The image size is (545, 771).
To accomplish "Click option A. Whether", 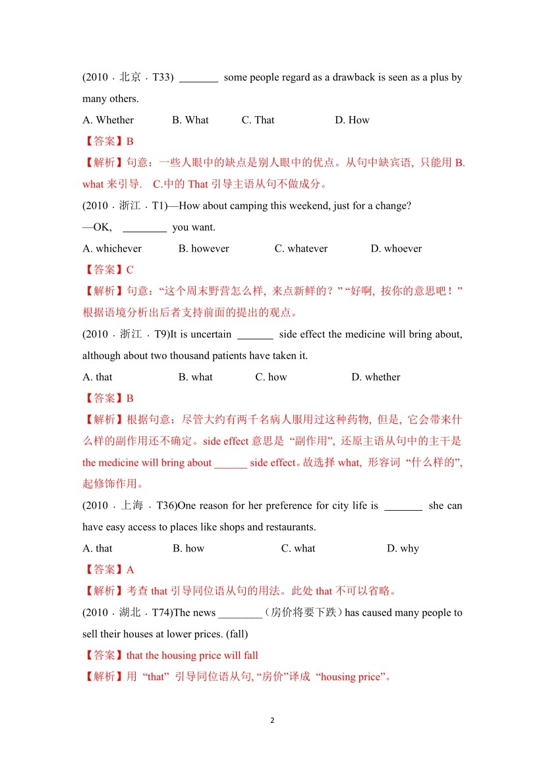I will click(108, 120).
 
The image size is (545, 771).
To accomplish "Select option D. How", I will click(352, 120).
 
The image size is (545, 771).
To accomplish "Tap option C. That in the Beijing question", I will click(258, 120).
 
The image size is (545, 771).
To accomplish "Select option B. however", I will click(204, 248).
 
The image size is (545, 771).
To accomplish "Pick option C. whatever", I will click(301, 248).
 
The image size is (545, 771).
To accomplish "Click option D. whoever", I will click(396, 248).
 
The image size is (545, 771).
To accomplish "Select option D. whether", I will click(376, 377).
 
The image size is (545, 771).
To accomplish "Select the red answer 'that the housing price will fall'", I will click(192, 655).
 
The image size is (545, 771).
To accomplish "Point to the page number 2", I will click(273, 720).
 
